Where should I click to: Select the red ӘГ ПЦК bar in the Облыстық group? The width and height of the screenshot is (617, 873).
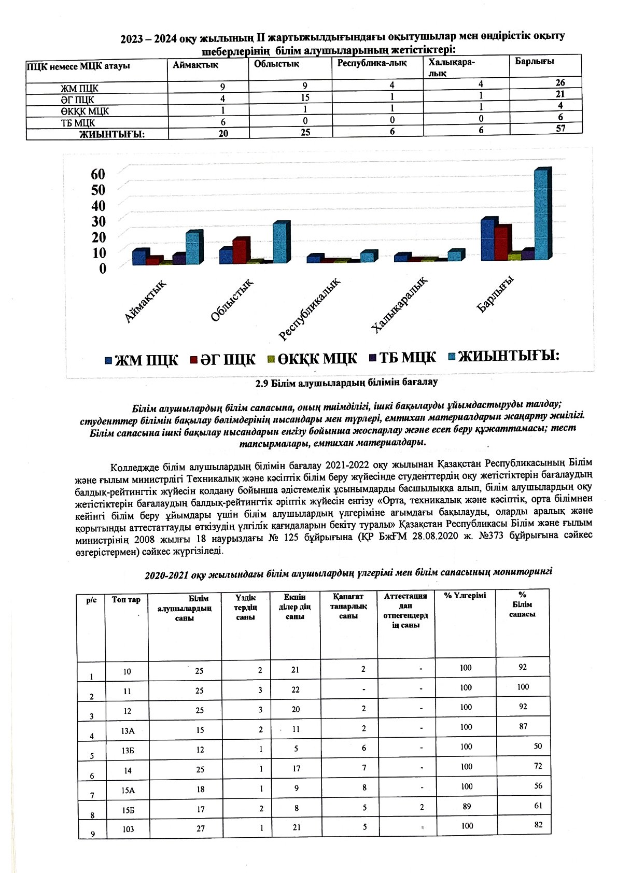(x=241, y=251)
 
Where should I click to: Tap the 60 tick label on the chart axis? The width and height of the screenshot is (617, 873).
(x=98, y=174)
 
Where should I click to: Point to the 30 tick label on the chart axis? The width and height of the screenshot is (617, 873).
(x=98, y=221)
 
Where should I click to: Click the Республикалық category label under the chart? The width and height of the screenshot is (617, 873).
(x=310, y=309)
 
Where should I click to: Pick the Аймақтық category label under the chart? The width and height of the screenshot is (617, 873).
(x=146, y=301)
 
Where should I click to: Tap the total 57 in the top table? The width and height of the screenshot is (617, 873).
(x=560, y=128)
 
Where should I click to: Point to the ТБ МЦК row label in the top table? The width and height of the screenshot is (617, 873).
(x=78, y=123)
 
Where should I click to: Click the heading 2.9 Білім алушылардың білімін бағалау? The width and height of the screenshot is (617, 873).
(x=346, y=383)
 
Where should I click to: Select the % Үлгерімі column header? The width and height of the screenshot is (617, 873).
(x=465, y=596)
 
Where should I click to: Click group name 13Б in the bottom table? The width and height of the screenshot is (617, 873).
(x=128, y=750)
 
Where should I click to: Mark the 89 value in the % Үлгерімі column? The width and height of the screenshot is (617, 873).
(x=466, y=806)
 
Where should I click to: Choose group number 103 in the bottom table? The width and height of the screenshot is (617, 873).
(x=128, y=829)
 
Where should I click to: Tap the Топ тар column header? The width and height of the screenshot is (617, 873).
(x=126, y=600)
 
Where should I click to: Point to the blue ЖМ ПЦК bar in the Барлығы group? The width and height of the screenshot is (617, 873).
(x=488, y=240)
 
